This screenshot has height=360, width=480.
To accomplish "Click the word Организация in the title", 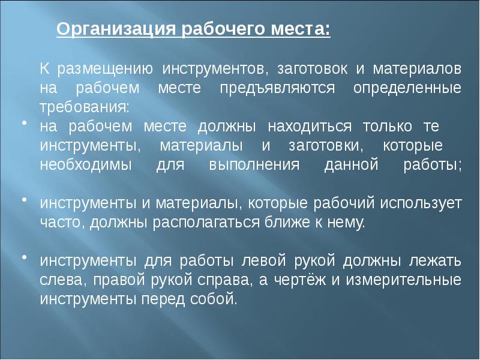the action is (x=116, y=29).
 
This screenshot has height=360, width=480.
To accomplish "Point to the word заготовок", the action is (x=312, y=69).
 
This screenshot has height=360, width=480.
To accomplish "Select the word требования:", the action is (x=85, y=108).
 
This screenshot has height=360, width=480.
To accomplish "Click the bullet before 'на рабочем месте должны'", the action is (x=24, y=123).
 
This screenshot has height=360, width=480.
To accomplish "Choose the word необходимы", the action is (x=86, y=164).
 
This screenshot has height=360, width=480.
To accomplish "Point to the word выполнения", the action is (x=254, y=164).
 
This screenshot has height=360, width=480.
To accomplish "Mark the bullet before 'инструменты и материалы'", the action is (x=24, y=200).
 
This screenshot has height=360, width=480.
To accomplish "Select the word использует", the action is (x=421, y=203).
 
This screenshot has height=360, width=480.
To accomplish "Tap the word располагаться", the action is (x=206, y=223).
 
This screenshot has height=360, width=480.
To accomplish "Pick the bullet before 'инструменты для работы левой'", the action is (x=24, y=257).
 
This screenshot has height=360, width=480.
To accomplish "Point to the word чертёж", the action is (x=300, y=280).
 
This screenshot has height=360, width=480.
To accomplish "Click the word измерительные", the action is (x=404, y=280).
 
